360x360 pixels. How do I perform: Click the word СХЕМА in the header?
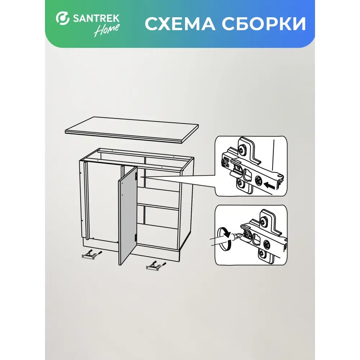180,24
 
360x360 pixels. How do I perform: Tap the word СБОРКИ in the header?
264,24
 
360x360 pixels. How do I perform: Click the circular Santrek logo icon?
62,18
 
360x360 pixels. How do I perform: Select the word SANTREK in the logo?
96,18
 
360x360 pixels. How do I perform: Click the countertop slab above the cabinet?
132,130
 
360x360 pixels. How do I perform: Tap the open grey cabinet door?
128,215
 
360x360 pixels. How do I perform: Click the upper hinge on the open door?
136,176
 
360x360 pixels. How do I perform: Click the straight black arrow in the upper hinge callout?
269,185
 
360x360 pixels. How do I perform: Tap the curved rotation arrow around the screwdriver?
225,238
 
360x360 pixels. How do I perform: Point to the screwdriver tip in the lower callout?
240,235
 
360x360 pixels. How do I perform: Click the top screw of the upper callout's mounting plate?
242,149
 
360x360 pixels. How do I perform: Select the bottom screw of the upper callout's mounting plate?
240,183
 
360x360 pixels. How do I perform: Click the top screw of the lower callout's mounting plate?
264,221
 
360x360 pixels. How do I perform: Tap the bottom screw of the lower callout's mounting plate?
262,254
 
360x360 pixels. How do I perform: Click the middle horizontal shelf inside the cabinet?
158,206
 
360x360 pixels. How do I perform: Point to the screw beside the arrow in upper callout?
258,180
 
